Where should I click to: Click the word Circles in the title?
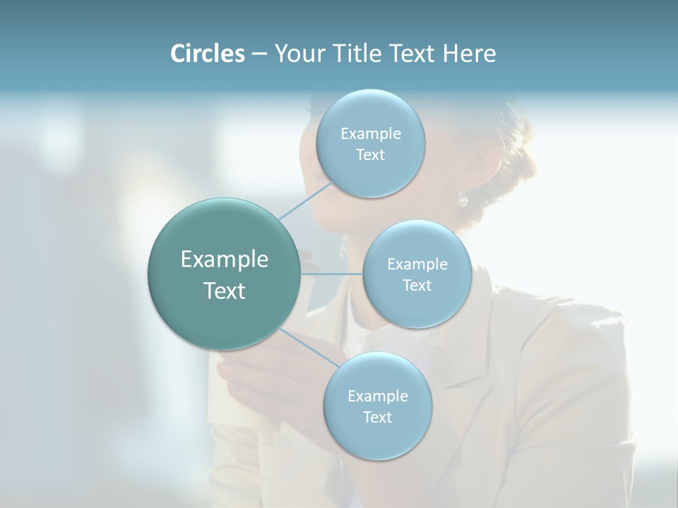click(x=208, y=54)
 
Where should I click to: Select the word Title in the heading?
click(x=360, y=54)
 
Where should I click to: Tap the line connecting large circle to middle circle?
click(x=332, y=274)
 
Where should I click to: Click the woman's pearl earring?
click(x=463, y=201)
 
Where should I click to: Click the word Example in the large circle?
click(x=225, y=260)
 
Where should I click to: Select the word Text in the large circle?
click(x=225, y=291)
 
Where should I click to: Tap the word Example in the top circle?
click(x=370, y=134)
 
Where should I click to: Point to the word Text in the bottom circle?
click(x=377, y=417)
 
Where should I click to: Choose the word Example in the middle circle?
click(x=417, y=264)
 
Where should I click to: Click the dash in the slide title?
click(x=259, y=54)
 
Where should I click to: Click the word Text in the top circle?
click(x=370, y=155)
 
